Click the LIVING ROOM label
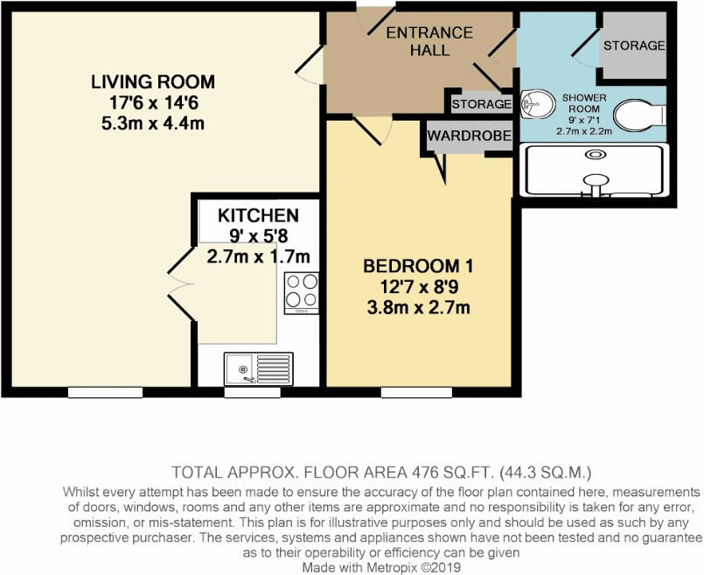[x=153, y=82]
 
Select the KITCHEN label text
[x=258, y=215]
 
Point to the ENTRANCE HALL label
[x=429, y=41]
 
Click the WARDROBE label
[x=468, y=137]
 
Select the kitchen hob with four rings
[x=302, y=292]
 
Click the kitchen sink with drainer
[x=257, y=368]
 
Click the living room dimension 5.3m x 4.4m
[x=153, y=123]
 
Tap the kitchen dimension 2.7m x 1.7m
[x=258, y=256]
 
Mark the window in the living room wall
[x=105, y=391]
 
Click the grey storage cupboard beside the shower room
[x=633, y=46]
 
